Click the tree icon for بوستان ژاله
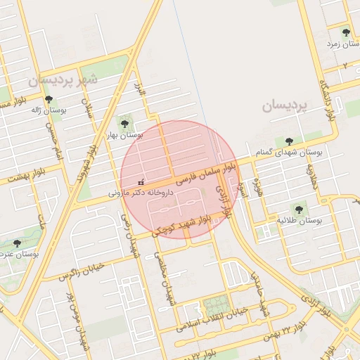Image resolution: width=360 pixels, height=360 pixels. coord(49,99)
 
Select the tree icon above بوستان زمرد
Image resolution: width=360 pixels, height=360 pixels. coord(345,32)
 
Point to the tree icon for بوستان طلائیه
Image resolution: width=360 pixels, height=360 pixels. coord(298,209)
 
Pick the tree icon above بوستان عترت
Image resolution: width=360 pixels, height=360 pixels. coord(17,243)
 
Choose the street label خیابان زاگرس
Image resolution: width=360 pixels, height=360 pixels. coord(81,269)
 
